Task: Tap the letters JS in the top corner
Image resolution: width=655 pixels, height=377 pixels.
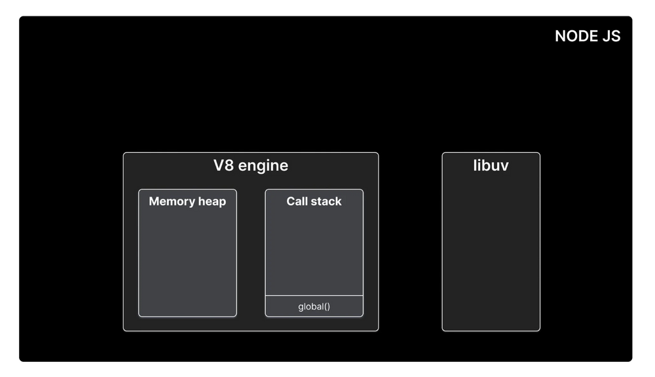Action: (611, 36)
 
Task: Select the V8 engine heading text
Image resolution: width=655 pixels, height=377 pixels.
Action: (250, 165)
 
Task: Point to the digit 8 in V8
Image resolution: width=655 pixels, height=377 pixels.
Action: (229, 165)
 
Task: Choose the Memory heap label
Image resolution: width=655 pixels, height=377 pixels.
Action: (187, 201)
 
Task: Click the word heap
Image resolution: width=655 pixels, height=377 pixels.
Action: (212, 201)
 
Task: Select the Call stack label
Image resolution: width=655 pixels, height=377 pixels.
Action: (314, 201)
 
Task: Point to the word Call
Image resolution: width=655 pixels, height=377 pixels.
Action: (297, 201)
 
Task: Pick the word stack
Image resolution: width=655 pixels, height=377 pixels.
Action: (326, 201)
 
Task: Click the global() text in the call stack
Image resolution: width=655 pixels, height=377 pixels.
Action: (314, 306)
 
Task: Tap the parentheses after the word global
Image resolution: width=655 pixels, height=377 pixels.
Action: (326, 306)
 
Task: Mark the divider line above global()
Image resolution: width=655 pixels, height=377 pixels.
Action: (314, 296)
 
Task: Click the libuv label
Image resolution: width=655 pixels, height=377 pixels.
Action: (491, 165)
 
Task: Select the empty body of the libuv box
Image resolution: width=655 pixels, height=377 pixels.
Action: (491, 256)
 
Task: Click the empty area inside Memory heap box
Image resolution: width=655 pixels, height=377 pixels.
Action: (187, 262)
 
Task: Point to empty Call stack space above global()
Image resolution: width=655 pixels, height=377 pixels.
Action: (314, 252)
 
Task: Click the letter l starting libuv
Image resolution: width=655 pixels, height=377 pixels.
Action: (475, 165)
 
